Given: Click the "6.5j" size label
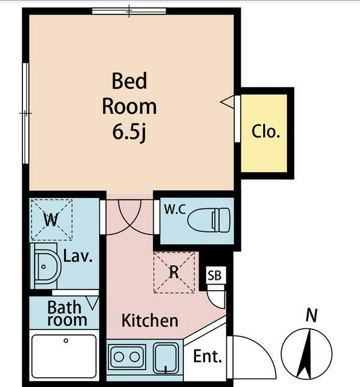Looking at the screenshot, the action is click(129, 132).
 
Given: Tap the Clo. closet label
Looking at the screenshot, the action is click(266, 131).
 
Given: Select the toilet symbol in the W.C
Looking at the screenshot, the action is click(209, 220).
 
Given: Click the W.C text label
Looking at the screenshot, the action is click(175, 210).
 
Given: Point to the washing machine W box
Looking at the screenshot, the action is click(51, 219).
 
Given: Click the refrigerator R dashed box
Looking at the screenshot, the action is click(174, 273).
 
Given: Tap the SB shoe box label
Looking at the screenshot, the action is click(214, 275).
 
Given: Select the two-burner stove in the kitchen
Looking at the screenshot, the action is click(126, 357).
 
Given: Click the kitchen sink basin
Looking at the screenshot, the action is click(166, 358).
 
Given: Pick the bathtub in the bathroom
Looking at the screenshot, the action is click(64, 356).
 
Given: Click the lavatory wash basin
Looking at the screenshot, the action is click(46, 266).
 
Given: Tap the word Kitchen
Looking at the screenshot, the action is click(149, 320).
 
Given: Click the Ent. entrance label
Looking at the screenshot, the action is click(208, 356).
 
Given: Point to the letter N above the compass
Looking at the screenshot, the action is click(312, 316).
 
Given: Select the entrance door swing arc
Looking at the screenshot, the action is click(261, 348).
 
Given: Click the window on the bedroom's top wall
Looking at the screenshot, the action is click(129, 11).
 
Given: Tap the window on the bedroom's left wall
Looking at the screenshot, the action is click(25, 113).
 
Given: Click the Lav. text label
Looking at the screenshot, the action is click(78, 256).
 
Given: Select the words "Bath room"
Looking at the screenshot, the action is click(67, 314).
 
